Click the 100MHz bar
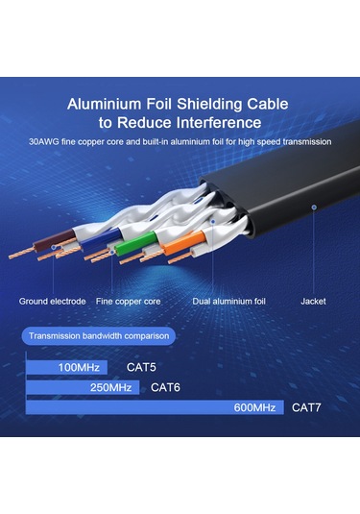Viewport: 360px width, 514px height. [x=66, y=367]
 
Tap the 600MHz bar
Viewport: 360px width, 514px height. [x=155, y=407]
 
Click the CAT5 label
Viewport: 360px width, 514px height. [x=143, y=367]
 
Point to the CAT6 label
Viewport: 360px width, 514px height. [x=167, y=387]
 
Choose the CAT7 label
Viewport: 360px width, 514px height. [x=307, y=407]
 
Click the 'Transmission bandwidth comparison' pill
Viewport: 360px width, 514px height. [x=100, y=336]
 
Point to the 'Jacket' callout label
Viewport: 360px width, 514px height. [x=313, y=301]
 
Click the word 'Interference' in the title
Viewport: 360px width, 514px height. [x=215, y=123]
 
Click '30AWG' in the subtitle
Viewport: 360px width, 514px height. [x=45, y=142]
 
